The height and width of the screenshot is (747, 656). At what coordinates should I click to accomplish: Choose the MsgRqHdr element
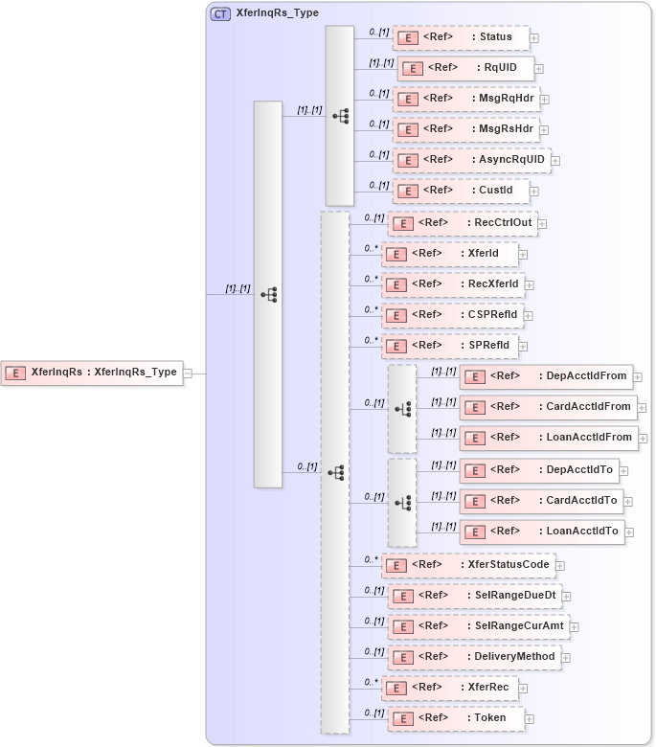[x=464, y=99]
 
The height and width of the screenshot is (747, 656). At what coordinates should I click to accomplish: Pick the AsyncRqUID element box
[x=471, y=160]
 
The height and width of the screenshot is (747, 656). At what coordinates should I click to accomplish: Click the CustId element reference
[x=460, y=191]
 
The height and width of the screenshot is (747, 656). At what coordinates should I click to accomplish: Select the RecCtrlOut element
[x=463, y=223]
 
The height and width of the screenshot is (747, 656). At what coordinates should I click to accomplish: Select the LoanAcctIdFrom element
[x=549, y=438]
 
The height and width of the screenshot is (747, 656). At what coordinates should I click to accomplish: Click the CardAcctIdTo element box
[x=542, y=500]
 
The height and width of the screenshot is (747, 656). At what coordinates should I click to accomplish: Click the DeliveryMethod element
[x=473, y=657]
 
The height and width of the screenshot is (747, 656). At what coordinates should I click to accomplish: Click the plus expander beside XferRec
[x=524, y=688]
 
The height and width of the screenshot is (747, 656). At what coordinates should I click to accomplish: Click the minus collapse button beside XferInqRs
[x=188, y=373]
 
